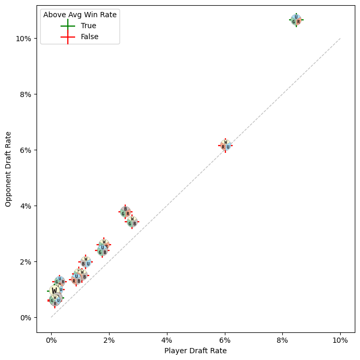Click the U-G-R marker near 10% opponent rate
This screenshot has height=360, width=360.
coord(296,20)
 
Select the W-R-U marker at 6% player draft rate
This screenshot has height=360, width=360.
coord(225,145)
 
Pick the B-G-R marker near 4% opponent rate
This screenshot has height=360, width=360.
coord(125,212)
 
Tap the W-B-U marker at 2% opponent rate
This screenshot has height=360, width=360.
coord(86,262)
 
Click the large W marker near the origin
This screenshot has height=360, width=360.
coord(54,291)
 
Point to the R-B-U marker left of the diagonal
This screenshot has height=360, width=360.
coord(76,279)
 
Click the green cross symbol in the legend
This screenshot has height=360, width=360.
coord(68,26)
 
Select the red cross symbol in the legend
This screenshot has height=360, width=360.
coord(68,37)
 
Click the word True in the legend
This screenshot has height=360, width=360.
coord(88,26)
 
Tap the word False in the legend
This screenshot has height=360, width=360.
coord(90,37)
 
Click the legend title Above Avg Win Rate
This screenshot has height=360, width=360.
coord(80,15)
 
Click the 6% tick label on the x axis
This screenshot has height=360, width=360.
coord(225,340)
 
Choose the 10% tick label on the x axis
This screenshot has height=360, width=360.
coord(340,340)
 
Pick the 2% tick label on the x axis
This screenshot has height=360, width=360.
coord(109,340)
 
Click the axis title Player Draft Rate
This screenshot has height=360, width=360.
coord(196,351)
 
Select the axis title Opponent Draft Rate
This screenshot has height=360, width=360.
coord(8,169)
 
